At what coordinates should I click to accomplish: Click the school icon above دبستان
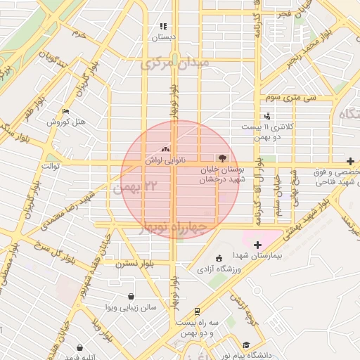[x=163, y=26]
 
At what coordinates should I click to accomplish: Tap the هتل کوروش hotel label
[x=66, y=122]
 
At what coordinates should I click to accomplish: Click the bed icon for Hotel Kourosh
[x=66, y=111]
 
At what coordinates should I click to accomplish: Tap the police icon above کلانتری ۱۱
[x=266, y=116]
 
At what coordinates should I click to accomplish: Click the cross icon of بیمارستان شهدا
[x=257, y=245]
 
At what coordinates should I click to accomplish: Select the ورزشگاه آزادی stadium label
[x=219, y=269]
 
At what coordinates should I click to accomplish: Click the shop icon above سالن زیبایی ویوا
[x=130, y=296]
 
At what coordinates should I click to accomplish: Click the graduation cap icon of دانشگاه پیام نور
[x=246, y=345]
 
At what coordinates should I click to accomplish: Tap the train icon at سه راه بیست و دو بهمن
[x=197, y=310]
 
